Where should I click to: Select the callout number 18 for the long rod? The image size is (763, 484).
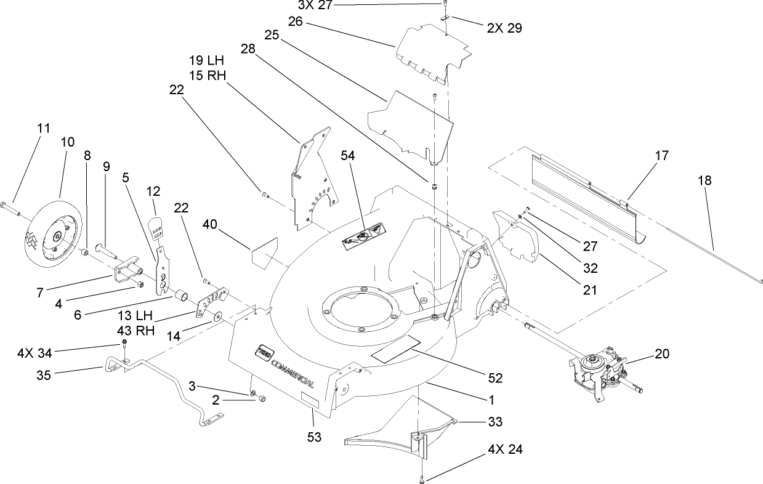704,180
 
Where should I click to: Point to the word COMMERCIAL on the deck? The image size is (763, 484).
290,370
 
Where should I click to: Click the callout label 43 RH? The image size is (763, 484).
134,329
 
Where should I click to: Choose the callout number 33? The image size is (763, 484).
495,422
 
